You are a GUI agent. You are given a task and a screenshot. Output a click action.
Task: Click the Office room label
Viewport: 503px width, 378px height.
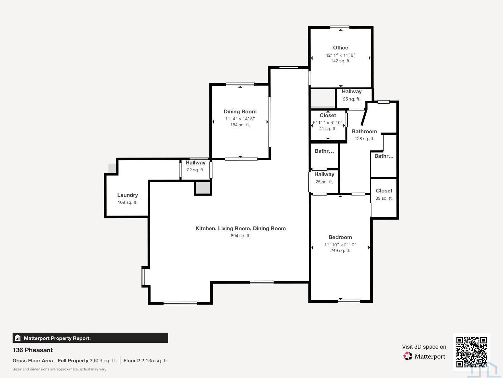click(340, 48)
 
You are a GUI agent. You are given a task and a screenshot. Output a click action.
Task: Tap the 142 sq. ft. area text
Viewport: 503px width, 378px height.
click(340, 61)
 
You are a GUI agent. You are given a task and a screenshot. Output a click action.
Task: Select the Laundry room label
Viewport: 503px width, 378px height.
click(127, 195)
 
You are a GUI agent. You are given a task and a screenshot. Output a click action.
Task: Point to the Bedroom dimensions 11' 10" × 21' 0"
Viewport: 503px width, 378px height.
click(340, 245)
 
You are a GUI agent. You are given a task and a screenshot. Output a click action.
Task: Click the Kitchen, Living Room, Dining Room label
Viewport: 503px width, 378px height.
click(240, 228)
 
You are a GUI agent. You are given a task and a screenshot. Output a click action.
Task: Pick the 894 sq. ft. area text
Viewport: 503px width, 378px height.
click(240, 236)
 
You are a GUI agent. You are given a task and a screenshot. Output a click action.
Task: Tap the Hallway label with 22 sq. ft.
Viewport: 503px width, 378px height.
click(196, 163)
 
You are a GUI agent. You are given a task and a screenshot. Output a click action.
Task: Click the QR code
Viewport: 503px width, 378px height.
click(471, 352)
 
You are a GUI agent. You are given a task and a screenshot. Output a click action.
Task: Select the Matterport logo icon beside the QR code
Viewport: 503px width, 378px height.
click(408, 356)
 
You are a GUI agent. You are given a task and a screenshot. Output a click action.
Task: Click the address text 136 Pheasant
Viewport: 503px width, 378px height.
click(33, 350)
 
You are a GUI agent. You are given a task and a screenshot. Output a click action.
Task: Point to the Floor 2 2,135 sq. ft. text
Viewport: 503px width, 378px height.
click(146, 361)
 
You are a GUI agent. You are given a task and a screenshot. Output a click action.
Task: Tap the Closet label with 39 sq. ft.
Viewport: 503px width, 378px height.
click(384, 191)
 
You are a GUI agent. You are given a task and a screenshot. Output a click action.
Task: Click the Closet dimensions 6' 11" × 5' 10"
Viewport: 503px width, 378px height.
click(328, 123)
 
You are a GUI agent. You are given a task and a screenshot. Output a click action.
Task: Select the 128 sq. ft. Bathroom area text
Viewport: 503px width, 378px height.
click(364, 139)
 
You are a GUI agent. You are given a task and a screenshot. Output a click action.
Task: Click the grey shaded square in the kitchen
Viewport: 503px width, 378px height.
click(202, 188)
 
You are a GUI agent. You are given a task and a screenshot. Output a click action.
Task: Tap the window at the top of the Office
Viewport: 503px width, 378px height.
click(340, 27)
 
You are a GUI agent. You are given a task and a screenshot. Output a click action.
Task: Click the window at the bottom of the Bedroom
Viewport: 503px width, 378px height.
click(349, 301)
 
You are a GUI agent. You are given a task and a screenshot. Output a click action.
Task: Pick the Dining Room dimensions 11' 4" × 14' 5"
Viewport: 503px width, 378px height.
click(240, 119)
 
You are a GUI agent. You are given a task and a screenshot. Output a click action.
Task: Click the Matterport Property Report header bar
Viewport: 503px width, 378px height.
click(90, 338)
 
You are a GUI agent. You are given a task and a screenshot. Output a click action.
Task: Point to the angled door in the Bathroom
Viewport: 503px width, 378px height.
click(364, 117)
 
